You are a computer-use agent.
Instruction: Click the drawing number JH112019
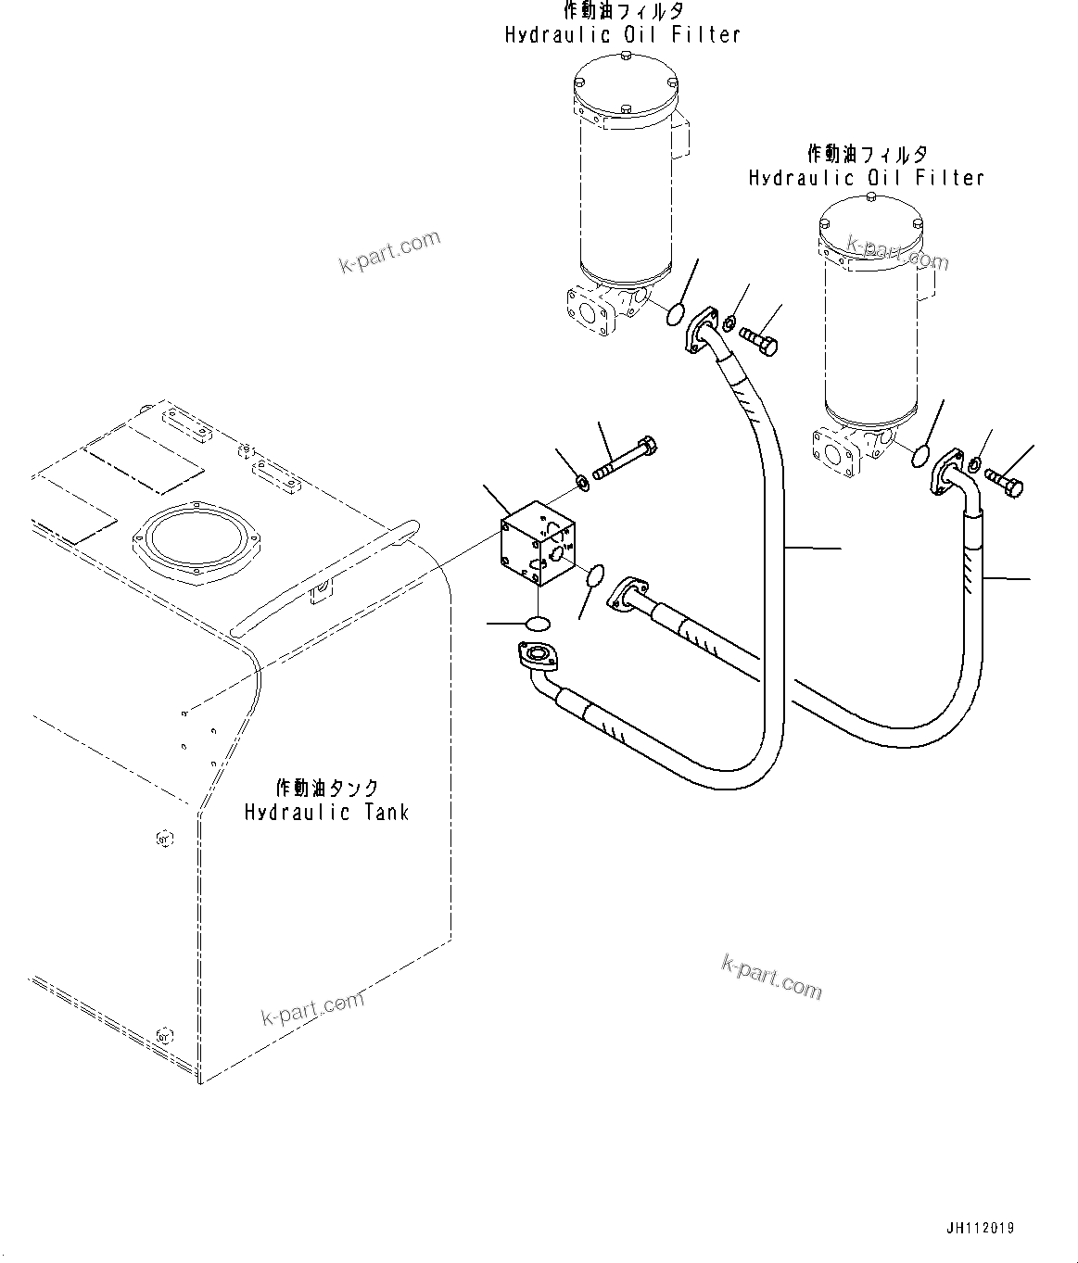click(x=980, y=1229)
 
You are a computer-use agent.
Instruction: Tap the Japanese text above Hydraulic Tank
click(x=326, y=788)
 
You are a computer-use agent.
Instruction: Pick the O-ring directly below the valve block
click(x=536, y=624)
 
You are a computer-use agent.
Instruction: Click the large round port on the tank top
click(x=193, y=541)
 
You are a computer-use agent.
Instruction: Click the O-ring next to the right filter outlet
click(x=920, y=456)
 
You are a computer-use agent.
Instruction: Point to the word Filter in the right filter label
click(x=949, y=177)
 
